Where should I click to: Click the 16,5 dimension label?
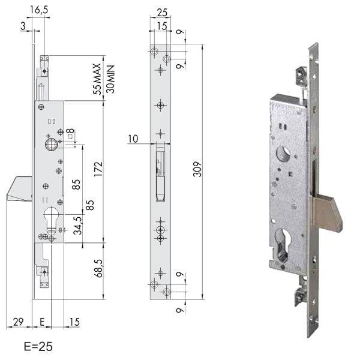click(41, 10)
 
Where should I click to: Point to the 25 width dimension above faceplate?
click(160, 13)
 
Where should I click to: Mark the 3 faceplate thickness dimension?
click(22, 25)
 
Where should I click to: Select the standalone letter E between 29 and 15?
click(41, 323)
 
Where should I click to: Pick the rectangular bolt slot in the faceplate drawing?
click(160, 174)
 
